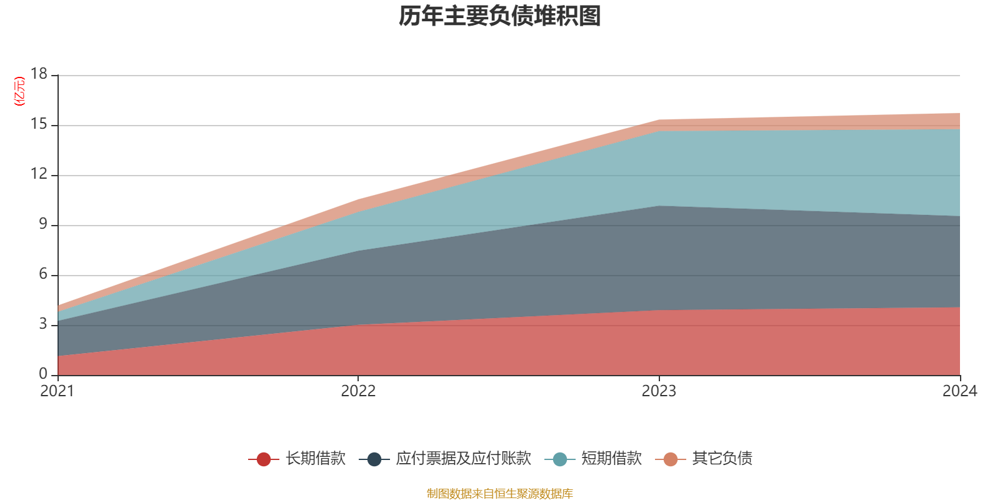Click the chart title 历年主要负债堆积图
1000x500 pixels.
[x=500, y=16]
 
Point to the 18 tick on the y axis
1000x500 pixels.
[x=39, y=74]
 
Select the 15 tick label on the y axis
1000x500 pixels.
[x=39, y=124]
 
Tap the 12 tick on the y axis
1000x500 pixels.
[x=39, y=174]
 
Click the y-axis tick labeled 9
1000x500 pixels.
[x=43, y=224]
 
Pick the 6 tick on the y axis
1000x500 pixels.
[x=43, y=274]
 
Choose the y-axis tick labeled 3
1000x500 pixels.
[x=43, y=324]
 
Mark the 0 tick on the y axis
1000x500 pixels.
[x=43, y=374]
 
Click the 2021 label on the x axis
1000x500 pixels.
[x=57, y=391]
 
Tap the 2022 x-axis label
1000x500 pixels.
[x=358, y=391]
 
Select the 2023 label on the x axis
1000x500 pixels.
[x=659, y=391]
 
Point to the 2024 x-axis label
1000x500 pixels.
[x=959, y=391]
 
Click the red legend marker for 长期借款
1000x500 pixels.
[x=264, y=459]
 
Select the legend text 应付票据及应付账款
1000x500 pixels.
[x=463, y=459]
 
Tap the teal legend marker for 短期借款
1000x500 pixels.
[x=560, y=459]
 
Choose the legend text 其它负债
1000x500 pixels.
[x=722, y=459]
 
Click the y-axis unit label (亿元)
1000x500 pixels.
[x=20, y=91]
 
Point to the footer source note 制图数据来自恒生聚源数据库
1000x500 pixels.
[x=500, y=494]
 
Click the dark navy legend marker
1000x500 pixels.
[x=374, y=459]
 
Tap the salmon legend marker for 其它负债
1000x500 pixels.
[x=671, y=459]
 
